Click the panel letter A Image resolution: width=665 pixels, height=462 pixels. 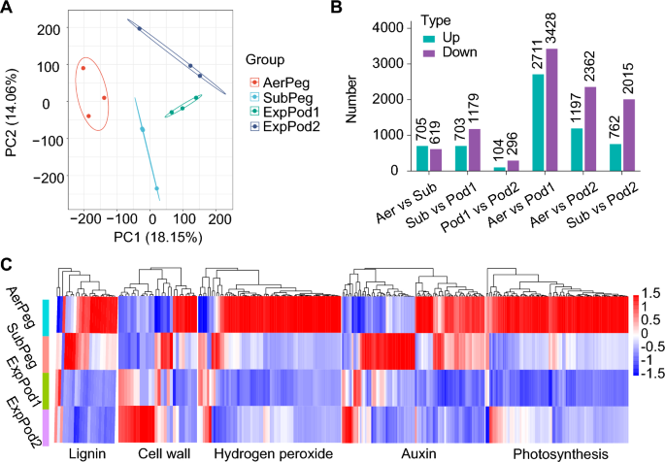tap(7, 9)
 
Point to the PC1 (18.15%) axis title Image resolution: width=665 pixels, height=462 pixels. tap(142, 236)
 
